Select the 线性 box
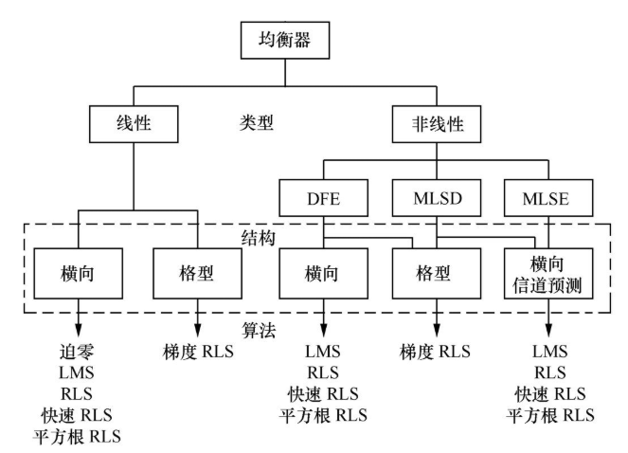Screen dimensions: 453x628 coord(135,123)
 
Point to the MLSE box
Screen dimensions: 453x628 coord(549,201)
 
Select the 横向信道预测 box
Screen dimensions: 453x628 coord(549,271)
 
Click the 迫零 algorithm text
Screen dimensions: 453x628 coord(80,353)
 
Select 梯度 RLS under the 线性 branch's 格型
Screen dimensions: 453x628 coord(197,353)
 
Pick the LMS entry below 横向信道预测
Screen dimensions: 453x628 coord(549,353)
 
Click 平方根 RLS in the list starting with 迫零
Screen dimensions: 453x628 coord(80,436)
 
